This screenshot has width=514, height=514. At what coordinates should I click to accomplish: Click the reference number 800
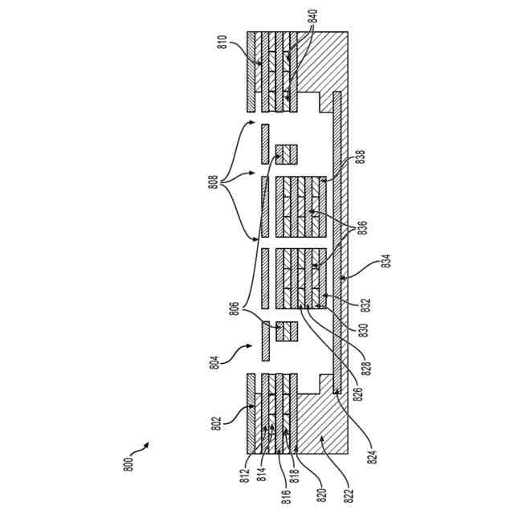[x=129, y=465]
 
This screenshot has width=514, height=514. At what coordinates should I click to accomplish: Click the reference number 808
[x=214, y=182]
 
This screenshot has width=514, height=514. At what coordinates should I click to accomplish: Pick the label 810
[x=221, y=43]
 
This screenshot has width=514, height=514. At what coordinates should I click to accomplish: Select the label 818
[x=296, y=467]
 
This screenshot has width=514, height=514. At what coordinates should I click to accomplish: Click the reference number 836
[x=362, y=226]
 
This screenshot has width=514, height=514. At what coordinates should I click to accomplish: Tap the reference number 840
[x=312, y=18]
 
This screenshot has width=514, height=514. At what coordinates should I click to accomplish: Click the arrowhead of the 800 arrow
[x=148, y=443]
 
